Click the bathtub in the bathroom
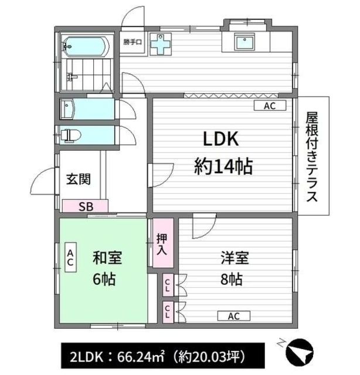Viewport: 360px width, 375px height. pos(85,46)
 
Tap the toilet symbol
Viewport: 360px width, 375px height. pos(70,135)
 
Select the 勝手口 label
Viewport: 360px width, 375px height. pos(133,42)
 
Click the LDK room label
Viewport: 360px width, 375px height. pos(220,139)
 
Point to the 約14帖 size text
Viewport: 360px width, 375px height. pos(223,166)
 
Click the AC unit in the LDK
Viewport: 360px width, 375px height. pos(270,105)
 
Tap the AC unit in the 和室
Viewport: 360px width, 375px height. pos(70,257)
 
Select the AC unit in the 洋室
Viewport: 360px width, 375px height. pos(233,316)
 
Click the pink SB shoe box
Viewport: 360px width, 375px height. pos(85,206)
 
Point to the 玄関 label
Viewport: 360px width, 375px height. pos(79,179)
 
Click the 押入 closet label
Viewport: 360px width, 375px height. pos(162,244)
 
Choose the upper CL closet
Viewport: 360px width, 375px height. pos(168,285)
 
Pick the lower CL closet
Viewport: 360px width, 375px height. pos(168,312)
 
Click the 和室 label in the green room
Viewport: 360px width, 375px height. pos(107,258)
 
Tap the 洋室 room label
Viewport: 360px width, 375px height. pos(235,258)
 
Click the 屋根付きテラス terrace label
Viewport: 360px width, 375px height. pos(313,156)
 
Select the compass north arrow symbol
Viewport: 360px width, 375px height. pos(300,353)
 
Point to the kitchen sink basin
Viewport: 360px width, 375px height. pos(244,42)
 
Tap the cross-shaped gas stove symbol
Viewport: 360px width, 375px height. pos(161,45)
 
